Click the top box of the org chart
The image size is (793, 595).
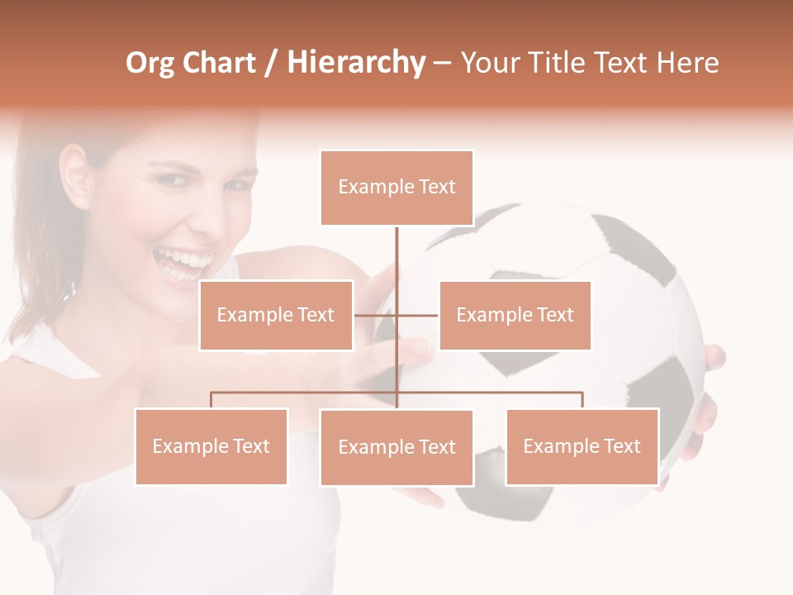[x=396, y=188]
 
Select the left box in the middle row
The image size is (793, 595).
[x=276, y=315]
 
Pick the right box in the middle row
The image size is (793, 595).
[x=515, y=315]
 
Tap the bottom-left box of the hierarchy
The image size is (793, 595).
[x=211, y=446]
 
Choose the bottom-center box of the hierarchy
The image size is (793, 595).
[x=396, y=447]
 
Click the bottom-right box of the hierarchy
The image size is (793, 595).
[x=582, y=446]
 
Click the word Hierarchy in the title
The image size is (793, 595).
[x=355, y=63]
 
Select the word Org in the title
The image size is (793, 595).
[x=150, y=63]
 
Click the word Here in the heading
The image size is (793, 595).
[x=687, y=63]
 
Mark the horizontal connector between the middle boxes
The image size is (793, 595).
[x=376, y=315]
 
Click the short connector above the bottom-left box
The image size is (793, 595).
[x=211, y=400]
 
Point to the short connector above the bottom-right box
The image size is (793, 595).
[x=582, y=400]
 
